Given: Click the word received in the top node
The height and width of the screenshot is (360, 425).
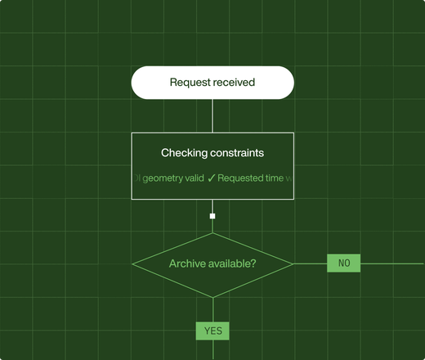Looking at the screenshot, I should click(234, 83).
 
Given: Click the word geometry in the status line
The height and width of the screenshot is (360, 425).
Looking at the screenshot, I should click(163, 178).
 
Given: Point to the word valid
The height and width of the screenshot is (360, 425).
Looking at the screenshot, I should click(195, 178).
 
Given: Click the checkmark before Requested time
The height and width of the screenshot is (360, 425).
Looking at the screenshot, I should click(211, 178).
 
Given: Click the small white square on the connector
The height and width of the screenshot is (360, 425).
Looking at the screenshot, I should click(212, 216).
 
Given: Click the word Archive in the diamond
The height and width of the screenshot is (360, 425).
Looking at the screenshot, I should click(188, 263).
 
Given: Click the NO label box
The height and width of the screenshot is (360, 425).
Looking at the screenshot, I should click(343, 263).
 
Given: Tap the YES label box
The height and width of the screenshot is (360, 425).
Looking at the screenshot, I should click(212, 331).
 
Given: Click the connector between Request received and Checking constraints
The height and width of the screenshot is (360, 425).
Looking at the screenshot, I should click(212, 115).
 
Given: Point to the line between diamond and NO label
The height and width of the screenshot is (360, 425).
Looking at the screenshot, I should click(310, 263).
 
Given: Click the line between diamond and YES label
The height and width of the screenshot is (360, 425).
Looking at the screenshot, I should click(212, 310).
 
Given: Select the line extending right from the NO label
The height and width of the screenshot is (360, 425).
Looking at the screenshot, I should click(392, 263).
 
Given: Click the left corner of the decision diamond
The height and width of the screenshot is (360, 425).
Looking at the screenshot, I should click(133, 263).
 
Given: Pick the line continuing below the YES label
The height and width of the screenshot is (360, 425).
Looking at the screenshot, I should click(212, 350).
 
